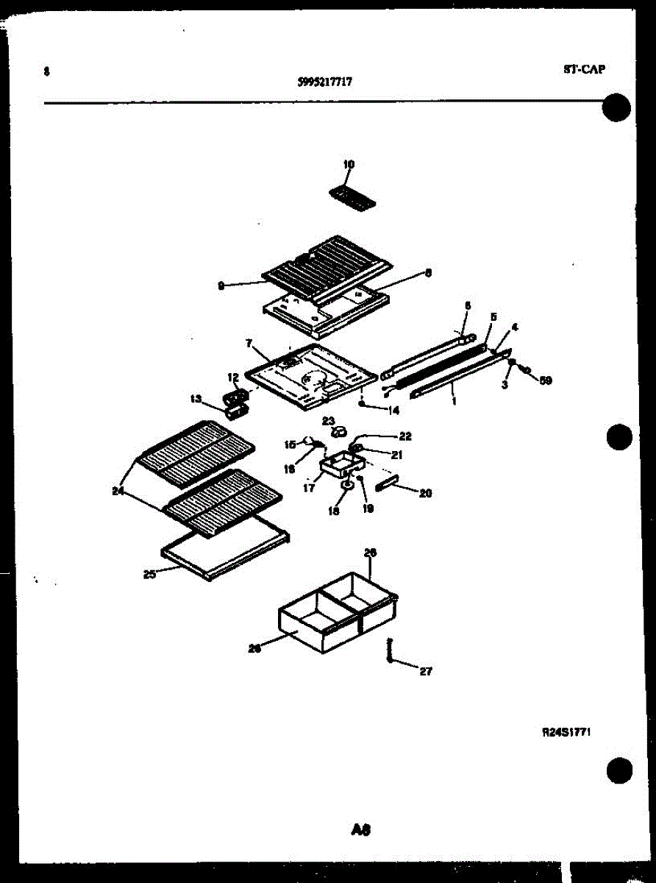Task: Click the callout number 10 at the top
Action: coord(349,164)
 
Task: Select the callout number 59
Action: coord(545,380)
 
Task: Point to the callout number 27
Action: coord(426,670)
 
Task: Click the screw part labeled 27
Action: coord(390,650)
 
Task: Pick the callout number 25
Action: coord(149,575)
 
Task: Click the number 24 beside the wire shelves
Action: coord(118,493)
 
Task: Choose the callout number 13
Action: coord(196,399)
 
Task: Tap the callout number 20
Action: coord(425,493)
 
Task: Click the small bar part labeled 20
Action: coord(387,483)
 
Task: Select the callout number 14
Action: coord(394,409)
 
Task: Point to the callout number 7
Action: coord(249,343)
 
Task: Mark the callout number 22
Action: coord(405,436)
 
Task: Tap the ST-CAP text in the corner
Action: coord(585,70)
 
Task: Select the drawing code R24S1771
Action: coord(567,732)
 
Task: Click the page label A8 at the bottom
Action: coord(360,830)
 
